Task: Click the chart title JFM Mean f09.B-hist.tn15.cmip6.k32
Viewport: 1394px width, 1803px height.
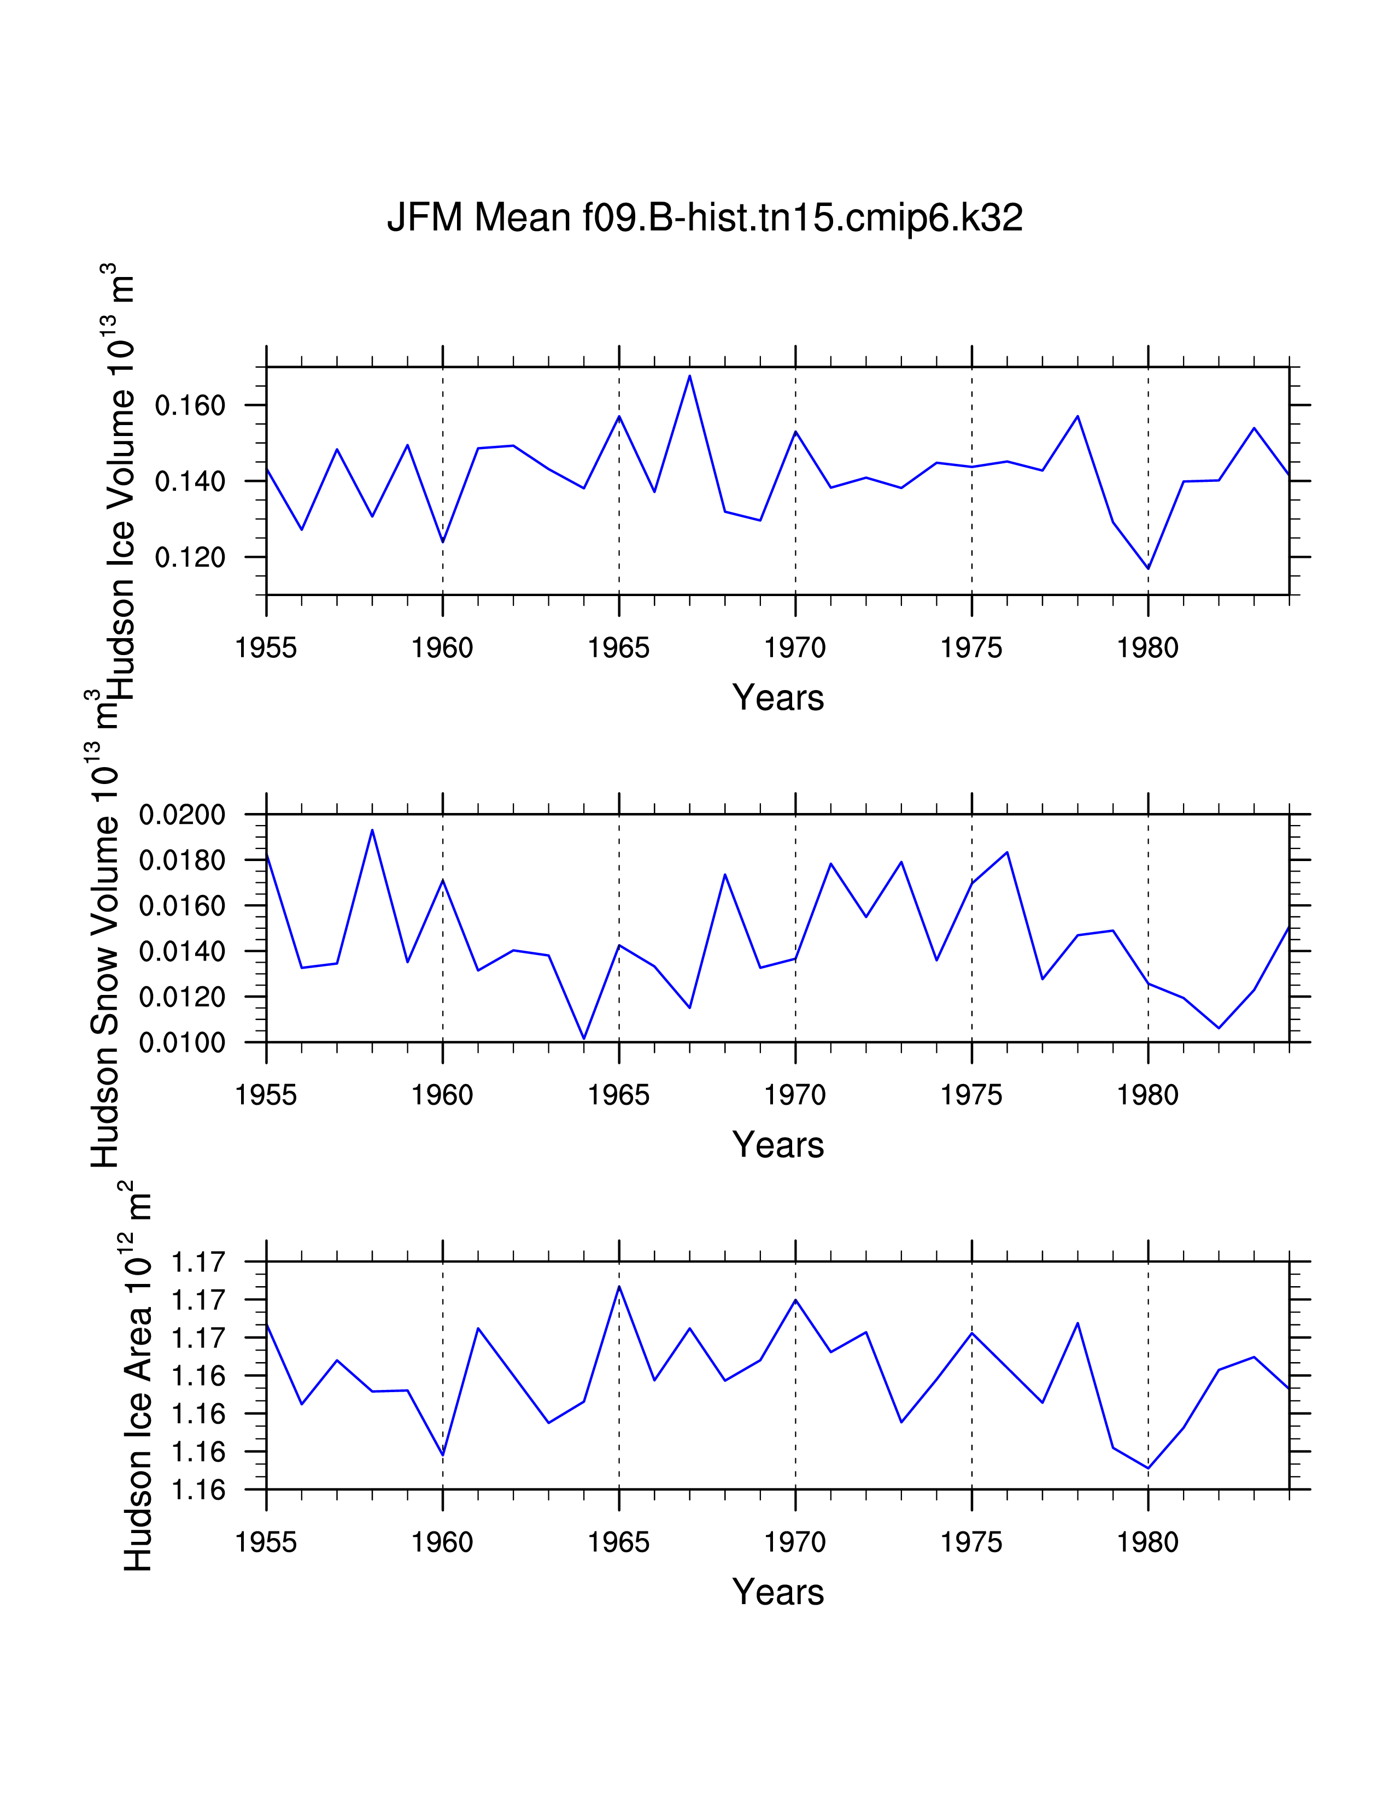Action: click(705, 218)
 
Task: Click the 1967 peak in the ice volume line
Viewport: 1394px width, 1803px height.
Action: click(689, 376)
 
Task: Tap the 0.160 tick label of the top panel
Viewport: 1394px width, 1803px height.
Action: click(190, 406)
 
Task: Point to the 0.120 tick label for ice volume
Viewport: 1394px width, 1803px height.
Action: click(190, 558)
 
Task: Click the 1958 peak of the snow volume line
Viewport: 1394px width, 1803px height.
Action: click(372, 830)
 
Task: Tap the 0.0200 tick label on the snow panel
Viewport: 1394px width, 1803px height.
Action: click(181, 816)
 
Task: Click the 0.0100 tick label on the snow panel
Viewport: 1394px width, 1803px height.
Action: click(181, 1044)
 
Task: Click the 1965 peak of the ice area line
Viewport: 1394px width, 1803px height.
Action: click(619, 1286)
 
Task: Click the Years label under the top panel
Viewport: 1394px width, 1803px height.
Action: click(778, 698)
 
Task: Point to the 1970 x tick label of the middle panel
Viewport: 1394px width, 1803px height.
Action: click(794, 1095)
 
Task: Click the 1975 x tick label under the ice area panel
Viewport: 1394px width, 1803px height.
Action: click(971, 1542)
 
